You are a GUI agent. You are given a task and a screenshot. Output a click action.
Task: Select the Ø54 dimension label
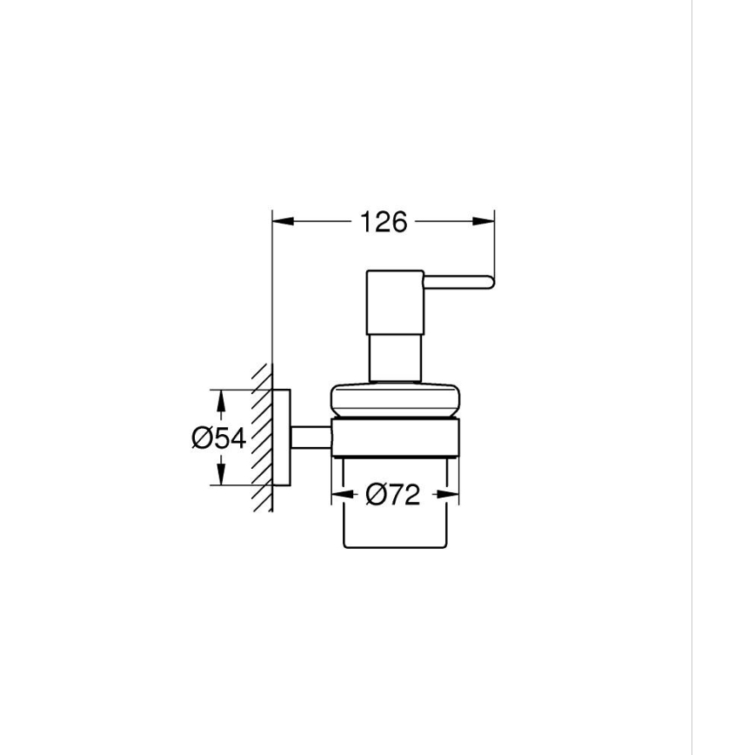tap(218, 438)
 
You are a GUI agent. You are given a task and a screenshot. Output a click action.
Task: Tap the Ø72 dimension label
tap(393, 495)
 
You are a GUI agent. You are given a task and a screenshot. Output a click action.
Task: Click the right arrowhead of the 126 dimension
tap(484, 222)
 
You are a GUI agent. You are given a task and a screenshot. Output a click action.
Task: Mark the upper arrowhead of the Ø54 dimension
tap(223, 401)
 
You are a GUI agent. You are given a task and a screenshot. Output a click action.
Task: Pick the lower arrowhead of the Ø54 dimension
tap(223, 475)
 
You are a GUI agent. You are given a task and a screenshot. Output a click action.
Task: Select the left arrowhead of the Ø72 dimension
tap(342, 495)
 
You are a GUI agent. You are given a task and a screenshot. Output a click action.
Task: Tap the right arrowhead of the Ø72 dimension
tap(449, 495)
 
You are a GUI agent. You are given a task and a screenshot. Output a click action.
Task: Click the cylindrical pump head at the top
tap(394, 300)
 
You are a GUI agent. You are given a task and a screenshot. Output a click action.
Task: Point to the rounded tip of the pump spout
tap(489, 280)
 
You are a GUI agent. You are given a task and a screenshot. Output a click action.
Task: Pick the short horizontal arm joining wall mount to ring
tap(310, 438)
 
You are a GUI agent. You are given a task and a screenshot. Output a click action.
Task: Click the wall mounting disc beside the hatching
tap(281, 438)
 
